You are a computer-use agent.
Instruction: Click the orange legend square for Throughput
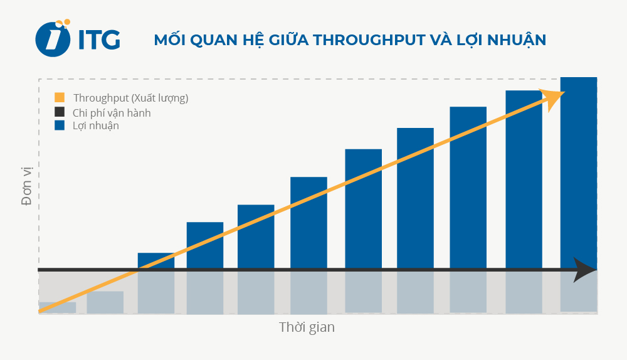pyautogui.click(x=60, y=98)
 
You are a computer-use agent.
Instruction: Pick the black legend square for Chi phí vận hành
pyautogui.click(x=60, y=112)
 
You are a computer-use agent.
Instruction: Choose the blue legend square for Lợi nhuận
pyautogui.click(x=60, y=125)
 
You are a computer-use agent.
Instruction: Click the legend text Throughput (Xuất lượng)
pyautogui.click(x=130, y=98)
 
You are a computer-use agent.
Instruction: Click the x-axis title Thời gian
pyautogui.click(x=307, y=327)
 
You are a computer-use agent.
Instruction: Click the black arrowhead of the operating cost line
pyautogui.click(x=586, y=270)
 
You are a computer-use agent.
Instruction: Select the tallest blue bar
pyautogui.click(x=578, y=169)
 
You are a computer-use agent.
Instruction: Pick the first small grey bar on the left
pyautogui.click(x=58, y=307)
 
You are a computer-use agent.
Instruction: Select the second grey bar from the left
pyautogui.click(x=105, y=302)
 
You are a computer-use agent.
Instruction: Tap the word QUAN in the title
pyautogui.click(x=211, y=40)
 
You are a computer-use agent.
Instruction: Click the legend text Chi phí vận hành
pyautogui.click(x=112, y=113)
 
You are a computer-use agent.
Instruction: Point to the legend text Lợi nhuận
pyautogui.click(x=96, y=125)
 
